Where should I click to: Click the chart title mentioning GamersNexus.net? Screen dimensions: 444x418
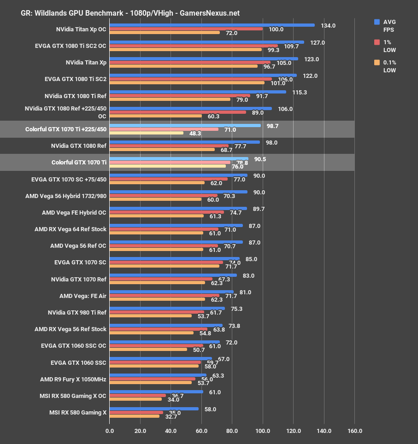(x=130, y=13)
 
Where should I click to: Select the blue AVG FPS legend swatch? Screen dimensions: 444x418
(x=377, y=22)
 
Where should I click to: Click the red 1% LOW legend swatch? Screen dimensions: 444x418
(x=377, y=42)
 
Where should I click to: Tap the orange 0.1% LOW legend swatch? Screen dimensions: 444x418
(x=377, y=62)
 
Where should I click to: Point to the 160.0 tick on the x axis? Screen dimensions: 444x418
(x=354, y=431)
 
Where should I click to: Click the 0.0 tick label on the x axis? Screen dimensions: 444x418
(x=110, y=431)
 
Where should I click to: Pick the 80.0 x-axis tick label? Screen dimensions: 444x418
(x=232, y=431)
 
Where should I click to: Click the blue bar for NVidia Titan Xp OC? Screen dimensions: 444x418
(x=212, y=25)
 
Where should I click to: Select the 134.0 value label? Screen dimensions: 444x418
(x=328, y=26)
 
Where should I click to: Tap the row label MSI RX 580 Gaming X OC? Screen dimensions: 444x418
(x=73, y=396)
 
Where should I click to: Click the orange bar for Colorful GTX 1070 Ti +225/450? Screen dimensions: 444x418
(x=147, y=133)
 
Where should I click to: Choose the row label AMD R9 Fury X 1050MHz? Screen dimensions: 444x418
(x=73, y=380)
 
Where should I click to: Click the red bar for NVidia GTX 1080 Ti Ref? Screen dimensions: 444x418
(x=180, y=96)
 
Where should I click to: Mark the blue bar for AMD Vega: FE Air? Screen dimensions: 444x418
(x=171, y=292)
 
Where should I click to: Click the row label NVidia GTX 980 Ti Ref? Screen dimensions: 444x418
(x=77, y=313)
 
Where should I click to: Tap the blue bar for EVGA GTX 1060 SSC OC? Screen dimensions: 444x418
(x=165, y=342)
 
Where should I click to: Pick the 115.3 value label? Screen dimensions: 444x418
(x=300, y=93)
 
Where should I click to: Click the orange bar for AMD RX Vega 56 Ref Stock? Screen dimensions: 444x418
(x=152, y=333)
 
